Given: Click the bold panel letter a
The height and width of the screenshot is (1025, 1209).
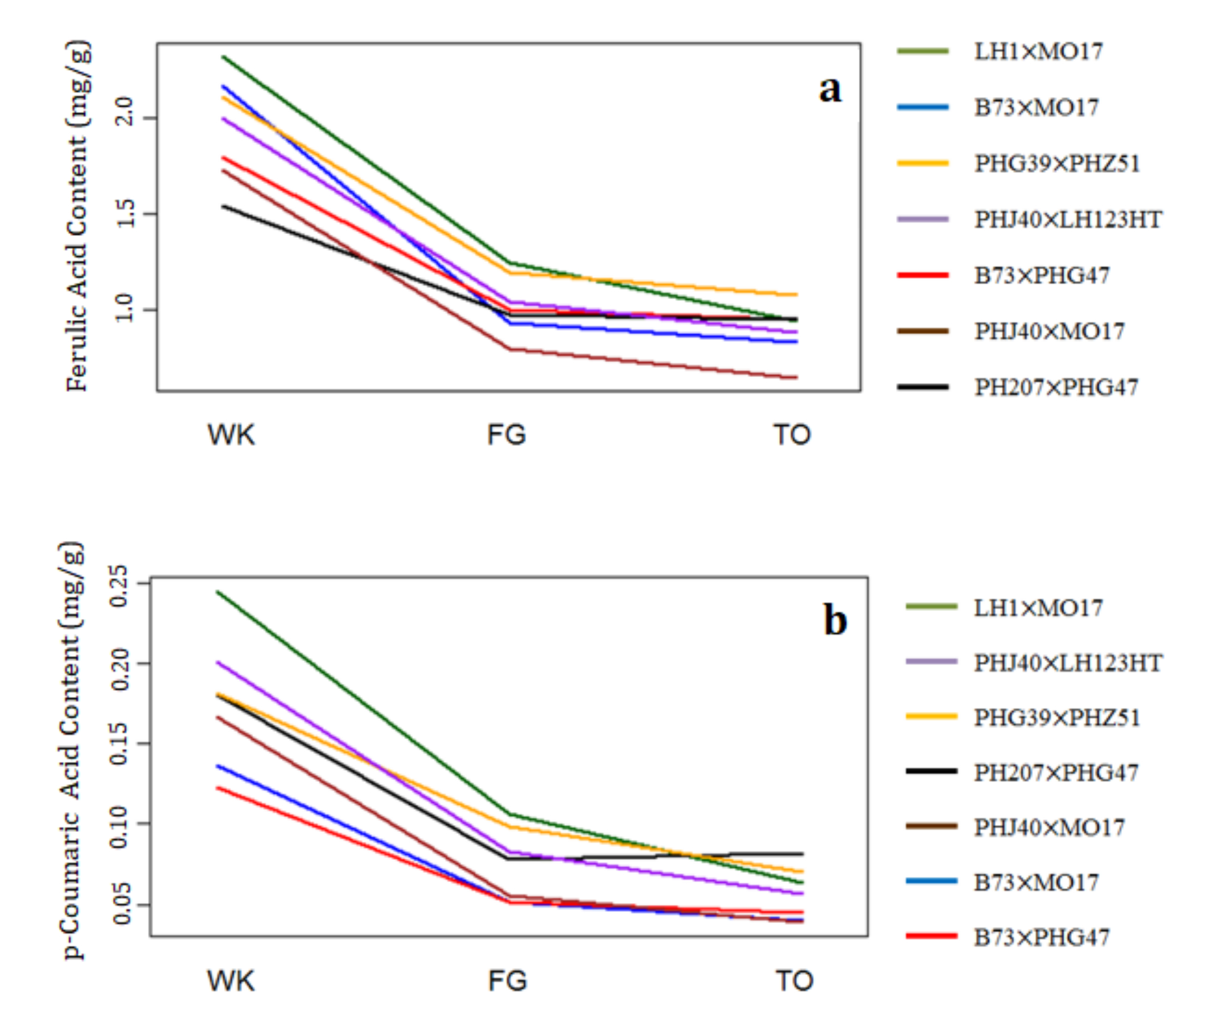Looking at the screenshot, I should click(830, 90).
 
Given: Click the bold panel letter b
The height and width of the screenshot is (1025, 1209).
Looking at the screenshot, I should click(835, 620).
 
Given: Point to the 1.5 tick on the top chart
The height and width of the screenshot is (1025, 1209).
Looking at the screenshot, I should click(127, 214).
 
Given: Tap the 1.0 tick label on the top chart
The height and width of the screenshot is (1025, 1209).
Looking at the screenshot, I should click(127, 310).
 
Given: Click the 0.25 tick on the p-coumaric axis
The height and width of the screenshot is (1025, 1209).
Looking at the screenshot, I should click(120, 585).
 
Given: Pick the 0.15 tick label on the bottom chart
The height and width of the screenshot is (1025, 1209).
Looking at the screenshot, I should click(120, 744).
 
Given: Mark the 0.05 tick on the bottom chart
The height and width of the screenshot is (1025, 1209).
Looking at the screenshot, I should click(120, 905).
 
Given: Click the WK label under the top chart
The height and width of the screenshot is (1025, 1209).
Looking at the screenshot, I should click(231, 434).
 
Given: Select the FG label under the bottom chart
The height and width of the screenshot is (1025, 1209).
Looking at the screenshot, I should click(508, 981).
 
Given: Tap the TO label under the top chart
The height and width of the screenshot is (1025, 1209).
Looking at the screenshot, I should click(791, 434).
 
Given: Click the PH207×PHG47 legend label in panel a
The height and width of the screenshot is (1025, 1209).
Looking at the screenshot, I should click(1056, 387).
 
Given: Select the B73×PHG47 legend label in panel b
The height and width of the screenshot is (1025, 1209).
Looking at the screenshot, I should click(1042, 937).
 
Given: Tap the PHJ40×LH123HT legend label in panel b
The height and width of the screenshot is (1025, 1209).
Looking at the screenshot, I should click(1067, 663).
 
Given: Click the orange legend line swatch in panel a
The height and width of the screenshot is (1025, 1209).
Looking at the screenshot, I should click(923, 164).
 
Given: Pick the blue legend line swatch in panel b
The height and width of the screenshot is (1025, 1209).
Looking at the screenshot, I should click(931, 881).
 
